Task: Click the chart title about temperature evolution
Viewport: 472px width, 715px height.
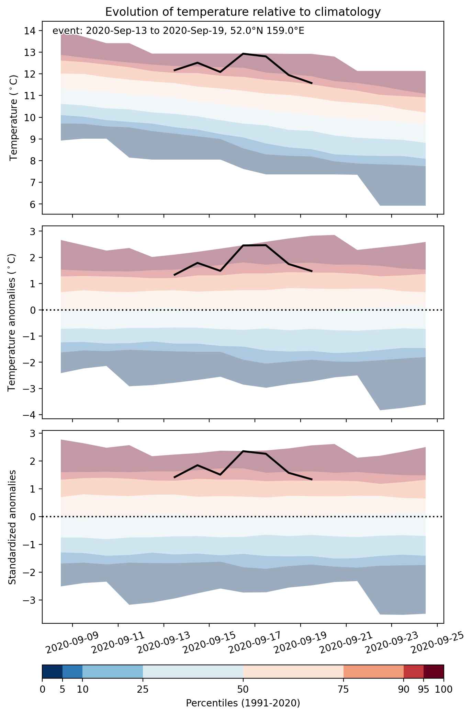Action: pyautogui.click(x=243, y=12)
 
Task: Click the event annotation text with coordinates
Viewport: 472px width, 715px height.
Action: pyautogui.click(x=178, y=31)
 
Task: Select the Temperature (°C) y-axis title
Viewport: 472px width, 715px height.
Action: pyautogui.click(x=14, y=117)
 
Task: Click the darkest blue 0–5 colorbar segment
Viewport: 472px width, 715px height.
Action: pyautogui.click(x=52, y=672)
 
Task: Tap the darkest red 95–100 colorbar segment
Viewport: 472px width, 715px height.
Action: pyautogui.click(x=434, y=672)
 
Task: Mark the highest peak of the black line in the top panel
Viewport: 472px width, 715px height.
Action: pyautogui.click(x=243, y=54)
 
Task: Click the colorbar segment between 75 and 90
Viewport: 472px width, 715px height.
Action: pyautogui.click(x=373, y=672)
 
